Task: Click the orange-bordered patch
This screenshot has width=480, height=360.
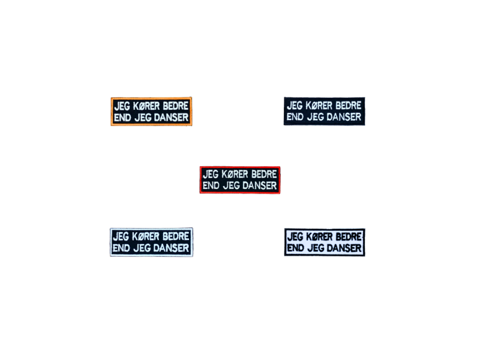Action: tap(151, 112)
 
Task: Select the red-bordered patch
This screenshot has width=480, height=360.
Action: tap(239, 180)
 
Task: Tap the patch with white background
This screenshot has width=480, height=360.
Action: tap(325, 242)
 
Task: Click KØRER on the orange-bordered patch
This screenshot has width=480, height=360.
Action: tap(146, 106)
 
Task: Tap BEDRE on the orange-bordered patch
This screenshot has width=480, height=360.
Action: tap(175, 106)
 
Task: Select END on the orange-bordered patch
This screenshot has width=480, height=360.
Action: tap(122, 118)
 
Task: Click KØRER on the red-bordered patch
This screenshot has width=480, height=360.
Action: tap(235, 174)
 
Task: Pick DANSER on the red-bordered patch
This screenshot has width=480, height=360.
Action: tap(260, 185)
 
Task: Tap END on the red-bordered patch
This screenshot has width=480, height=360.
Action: tap(211, 185)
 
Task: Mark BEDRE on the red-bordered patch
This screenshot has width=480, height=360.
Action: tap(264, 174)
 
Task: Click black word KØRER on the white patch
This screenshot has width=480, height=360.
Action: tap(319, 236)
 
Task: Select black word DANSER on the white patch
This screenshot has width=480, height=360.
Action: tap(344, 248)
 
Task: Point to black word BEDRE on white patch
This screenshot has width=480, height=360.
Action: tap(349, 236)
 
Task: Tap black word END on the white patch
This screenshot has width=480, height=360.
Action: tap(296, 248)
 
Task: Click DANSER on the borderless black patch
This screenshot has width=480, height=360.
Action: tap(344, 117)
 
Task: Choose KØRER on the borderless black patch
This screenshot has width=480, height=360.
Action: tap(319, 106)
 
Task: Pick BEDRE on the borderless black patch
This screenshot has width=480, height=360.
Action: tap(349, 106)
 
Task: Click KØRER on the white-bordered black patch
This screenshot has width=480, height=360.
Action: tap(146, 236)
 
